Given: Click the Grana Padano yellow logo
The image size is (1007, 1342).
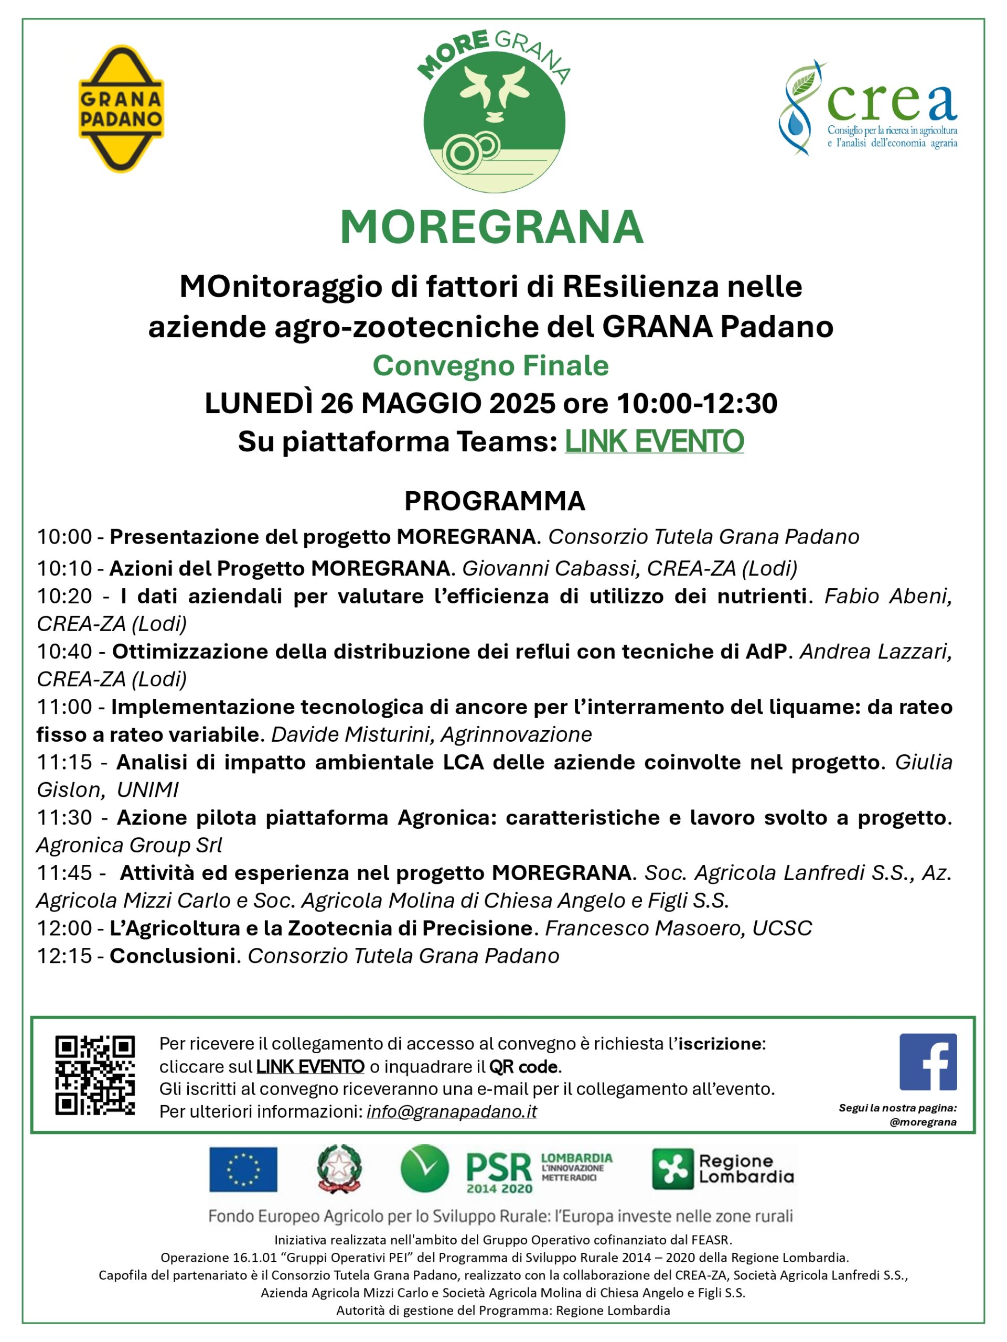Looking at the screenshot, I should click(x=121, y=109).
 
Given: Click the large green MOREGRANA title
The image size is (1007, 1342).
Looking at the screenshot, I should click(x=491, y=228).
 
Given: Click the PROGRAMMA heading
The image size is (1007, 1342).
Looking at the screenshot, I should click(x=495, y=501).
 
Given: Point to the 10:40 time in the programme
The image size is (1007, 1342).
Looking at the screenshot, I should click(x=64, y=652).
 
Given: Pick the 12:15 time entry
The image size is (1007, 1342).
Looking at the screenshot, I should click(x=64, y=956).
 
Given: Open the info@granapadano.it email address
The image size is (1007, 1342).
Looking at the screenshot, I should click(x=452, y=1111).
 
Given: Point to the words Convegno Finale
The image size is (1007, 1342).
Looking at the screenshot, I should click(x=490, y=366).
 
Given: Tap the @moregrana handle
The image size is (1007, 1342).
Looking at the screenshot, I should click(x=923, y=1122).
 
